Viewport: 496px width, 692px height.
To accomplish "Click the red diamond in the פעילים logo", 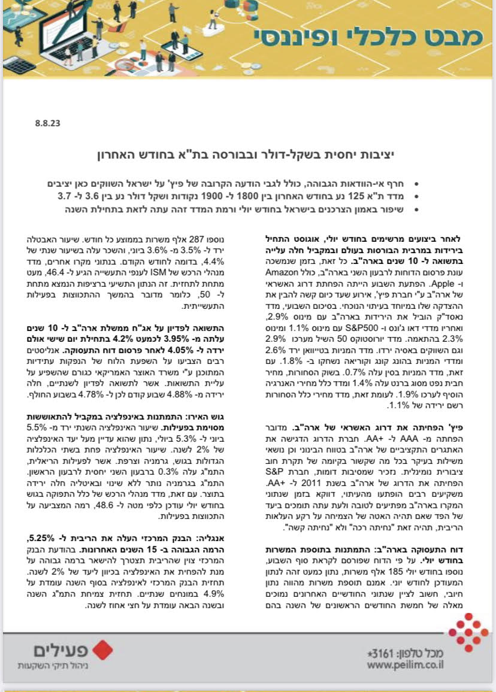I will point(104,649).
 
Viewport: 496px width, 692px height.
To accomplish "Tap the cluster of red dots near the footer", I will point(468,632).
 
